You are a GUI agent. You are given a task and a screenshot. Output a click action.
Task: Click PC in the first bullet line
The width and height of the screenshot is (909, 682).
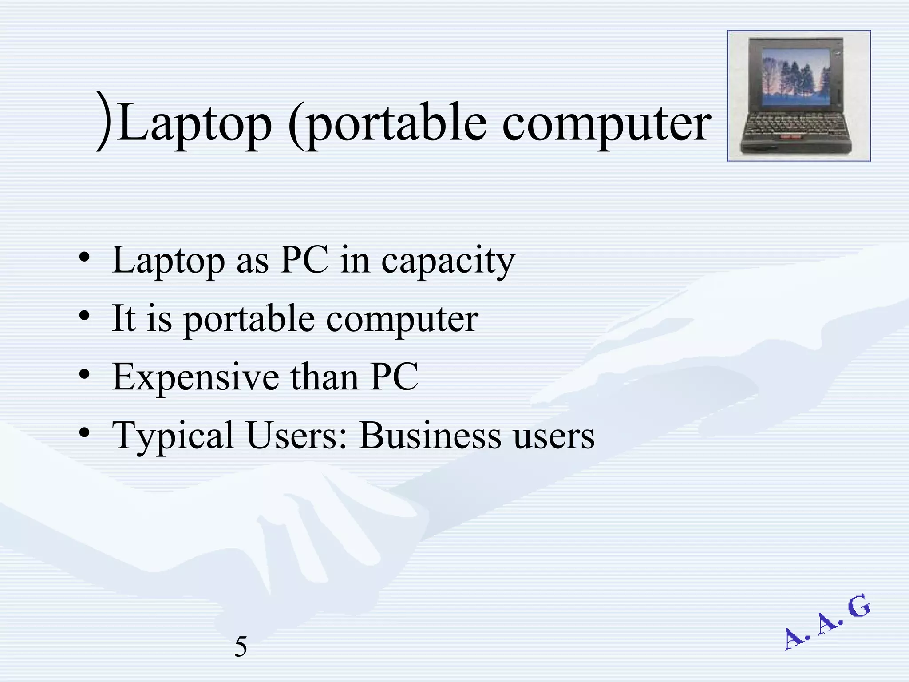pyautogui.click(x=304, y=260)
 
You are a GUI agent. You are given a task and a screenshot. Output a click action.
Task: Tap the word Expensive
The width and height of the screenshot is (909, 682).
pyautogui.click(x=196, y=377)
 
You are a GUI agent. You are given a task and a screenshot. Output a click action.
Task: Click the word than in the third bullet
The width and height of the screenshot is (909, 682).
pyautogui.click(x=324, y=377)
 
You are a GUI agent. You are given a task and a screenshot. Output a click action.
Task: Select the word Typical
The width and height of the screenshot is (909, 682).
pyautogui.click(x=173, y=436)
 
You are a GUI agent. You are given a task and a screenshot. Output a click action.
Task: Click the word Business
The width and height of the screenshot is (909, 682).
pyautogui.click(x=430, y=436)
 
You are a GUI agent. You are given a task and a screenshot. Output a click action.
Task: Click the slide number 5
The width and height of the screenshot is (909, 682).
pyautogui.click(x=241, y=646)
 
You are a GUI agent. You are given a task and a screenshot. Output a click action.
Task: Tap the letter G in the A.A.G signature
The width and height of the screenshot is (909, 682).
pyautogui.click(x=859, y=607)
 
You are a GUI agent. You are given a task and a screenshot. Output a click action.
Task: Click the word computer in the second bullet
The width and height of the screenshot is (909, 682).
pyautogui.click(x=402, y=319)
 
